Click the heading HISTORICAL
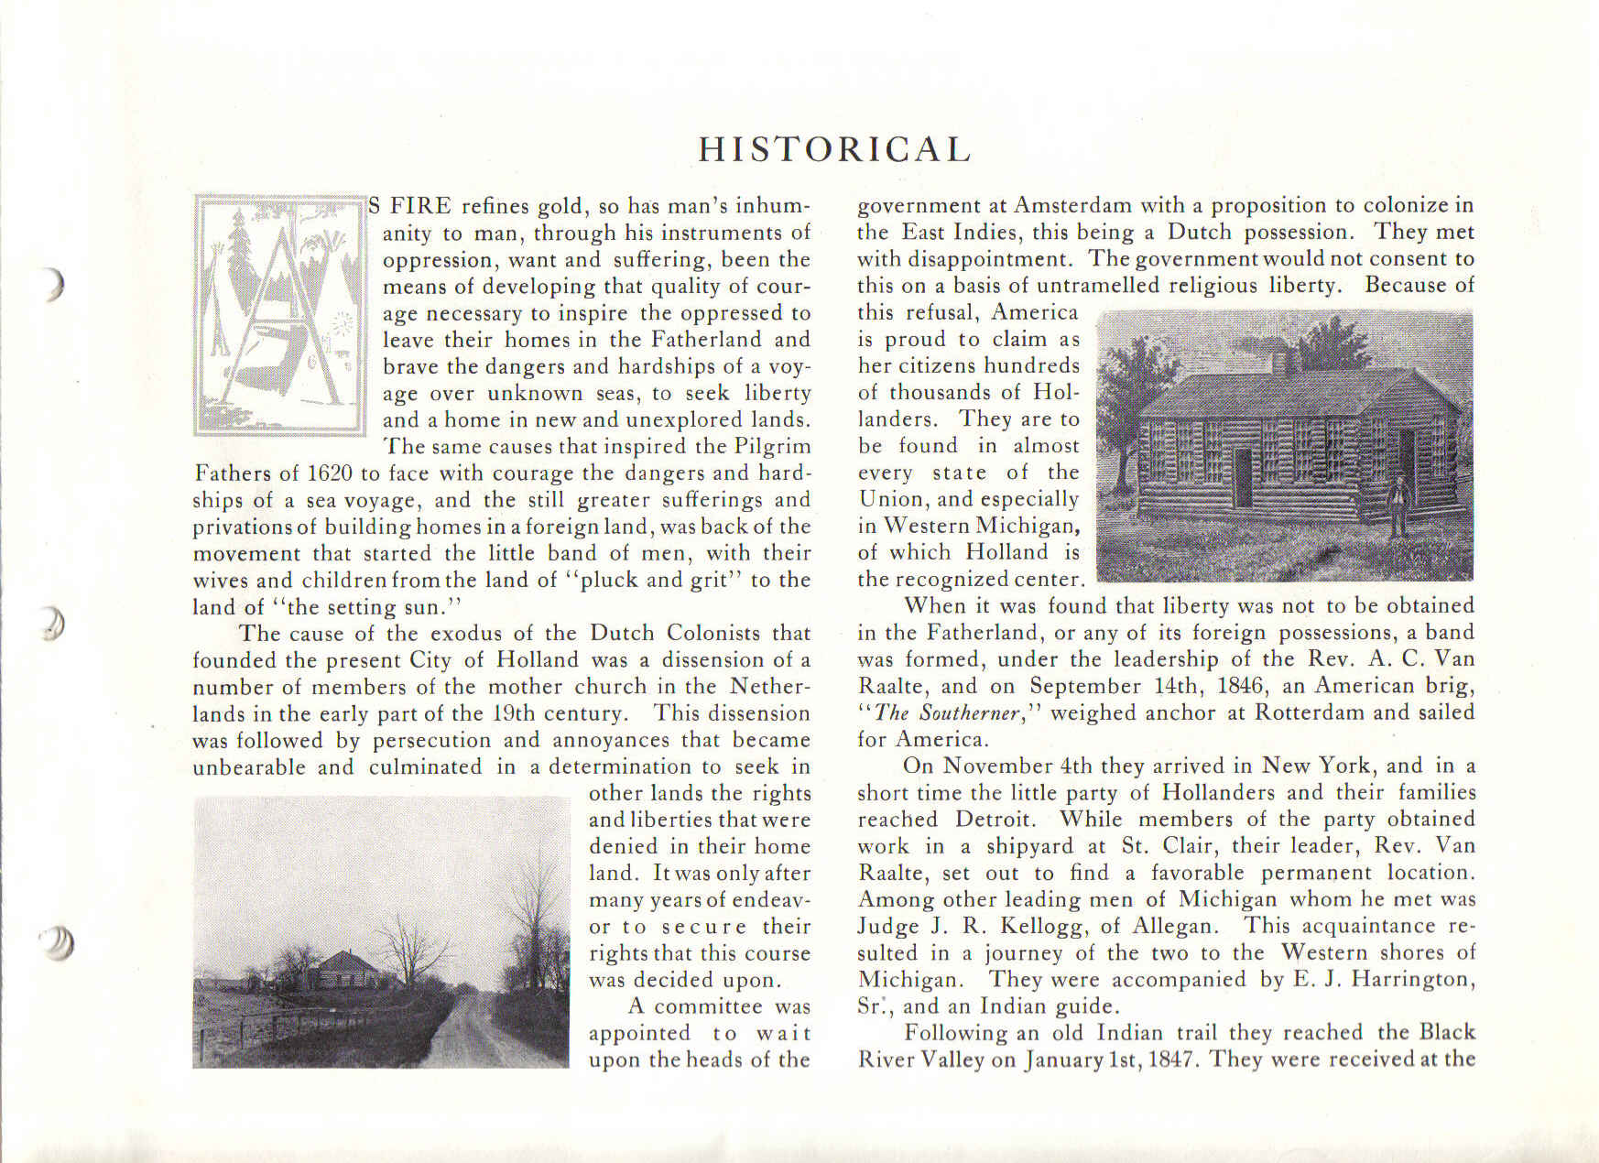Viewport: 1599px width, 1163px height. click(x=833, y=149)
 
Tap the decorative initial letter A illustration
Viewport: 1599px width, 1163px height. click(x=279, y=313)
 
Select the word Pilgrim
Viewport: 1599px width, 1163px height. click(x=772, y=447)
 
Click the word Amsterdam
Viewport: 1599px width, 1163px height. click(x=1072, y=205)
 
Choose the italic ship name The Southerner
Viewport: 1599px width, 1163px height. click(x=948, y=713)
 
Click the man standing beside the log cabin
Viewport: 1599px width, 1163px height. click(x=1398, y=513)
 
